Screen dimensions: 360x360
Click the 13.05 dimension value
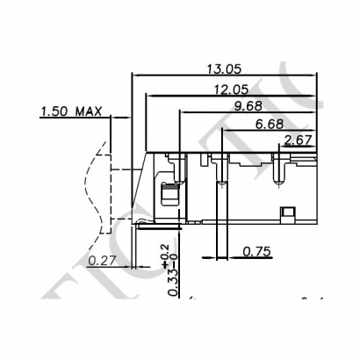click(x=225, y=69)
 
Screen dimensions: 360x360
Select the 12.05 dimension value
click(x=230, y=89)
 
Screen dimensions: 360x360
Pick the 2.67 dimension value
click(x=299, y=140)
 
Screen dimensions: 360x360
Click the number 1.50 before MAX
click(x=54, y=112)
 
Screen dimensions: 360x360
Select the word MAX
click(x=90, y=112)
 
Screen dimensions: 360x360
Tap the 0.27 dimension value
click(x=102, y=260)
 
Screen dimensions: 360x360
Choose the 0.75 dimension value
click(x=255, y=252)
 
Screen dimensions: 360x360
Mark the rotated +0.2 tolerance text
click(x=164, y=254)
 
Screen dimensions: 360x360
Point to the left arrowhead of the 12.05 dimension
click(x=147, y=95)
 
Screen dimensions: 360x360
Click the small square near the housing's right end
click(x=285, y=212)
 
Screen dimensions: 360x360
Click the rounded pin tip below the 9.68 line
click(x=221, y=184)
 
